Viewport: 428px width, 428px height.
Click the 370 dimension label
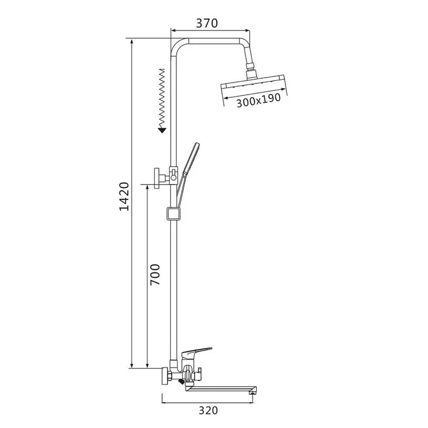(207, 23)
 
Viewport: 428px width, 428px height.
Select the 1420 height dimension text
(125, 196)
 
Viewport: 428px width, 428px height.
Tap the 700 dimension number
(155, 274)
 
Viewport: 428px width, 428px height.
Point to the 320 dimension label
(208, 410)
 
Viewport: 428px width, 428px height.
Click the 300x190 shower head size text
(258, 100)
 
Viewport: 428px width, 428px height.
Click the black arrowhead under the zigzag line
(162, 130)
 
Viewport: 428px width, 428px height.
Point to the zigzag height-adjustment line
(162, 98)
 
